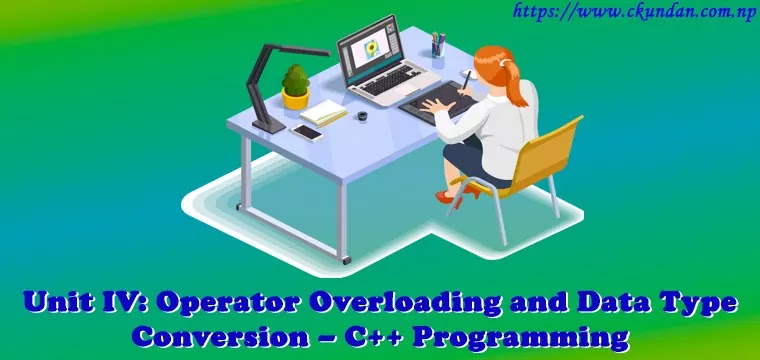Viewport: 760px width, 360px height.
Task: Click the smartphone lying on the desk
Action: [307, 132]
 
